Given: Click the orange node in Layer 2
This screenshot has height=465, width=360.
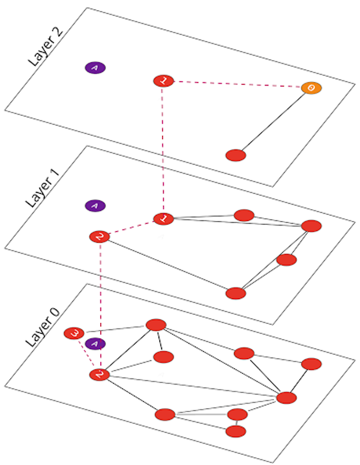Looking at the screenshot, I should [311, 88].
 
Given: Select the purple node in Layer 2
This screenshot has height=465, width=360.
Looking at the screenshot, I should [96, 68].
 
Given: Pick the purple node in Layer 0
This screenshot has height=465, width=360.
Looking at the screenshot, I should [95, 344].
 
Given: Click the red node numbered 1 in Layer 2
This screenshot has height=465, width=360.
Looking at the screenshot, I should [163, 81].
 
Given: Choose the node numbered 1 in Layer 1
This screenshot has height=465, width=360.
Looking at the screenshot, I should [164, 218].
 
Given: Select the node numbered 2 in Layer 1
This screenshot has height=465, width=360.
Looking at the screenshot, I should [99, 237].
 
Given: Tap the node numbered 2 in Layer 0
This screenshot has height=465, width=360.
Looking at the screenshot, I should [99, 374].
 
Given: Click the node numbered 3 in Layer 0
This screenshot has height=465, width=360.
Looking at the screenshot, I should [74, 333].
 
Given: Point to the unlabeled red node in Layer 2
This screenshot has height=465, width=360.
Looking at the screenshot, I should [236, 155].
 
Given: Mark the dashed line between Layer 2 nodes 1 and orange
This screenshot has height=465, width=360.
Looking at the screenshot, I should [236, 84].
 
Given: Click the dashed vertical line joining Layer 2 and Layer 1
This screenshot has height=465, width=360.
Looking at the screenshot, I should [163, 149].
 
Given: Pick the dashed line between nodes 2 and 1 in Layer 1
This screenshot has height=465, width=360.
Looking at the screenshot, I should [131, 228].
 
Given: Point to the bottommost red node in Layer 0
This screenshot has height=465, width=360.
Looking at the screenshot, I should [236, 431].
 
